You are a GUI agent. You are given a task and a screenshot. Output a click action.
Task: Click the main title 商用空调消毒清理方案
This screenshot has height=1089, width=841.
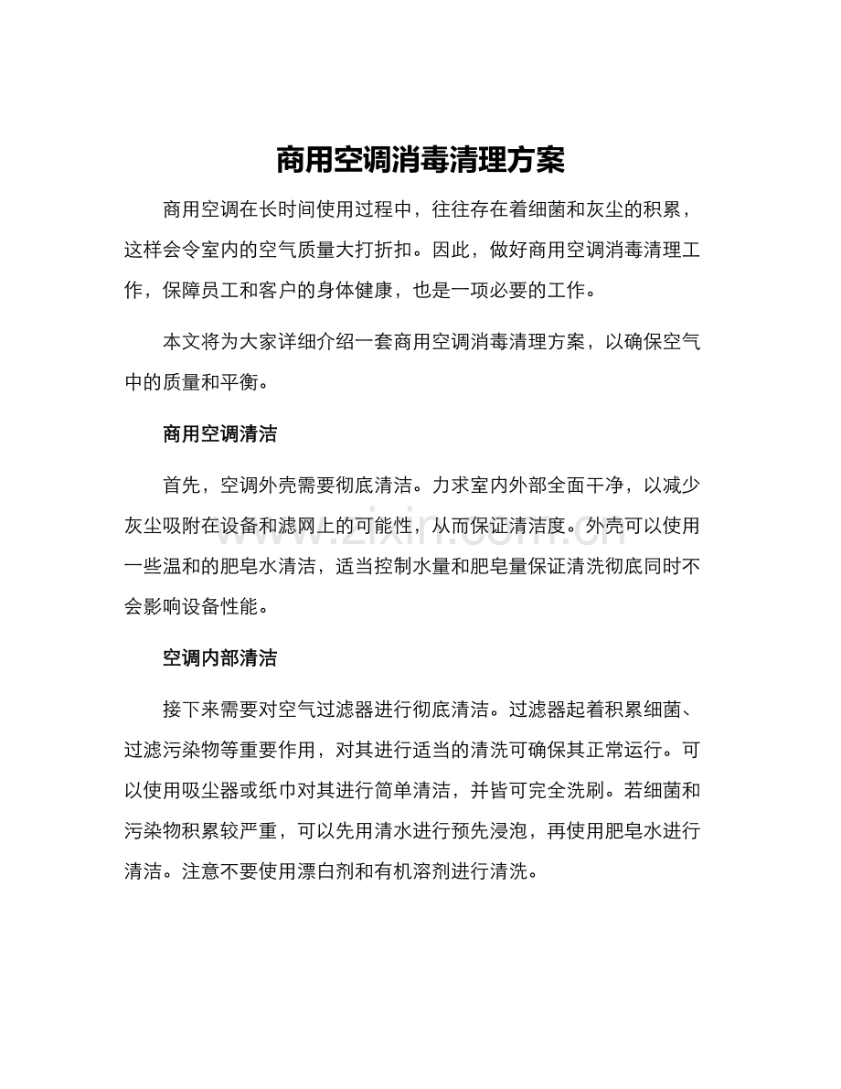tap(420, 162)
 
